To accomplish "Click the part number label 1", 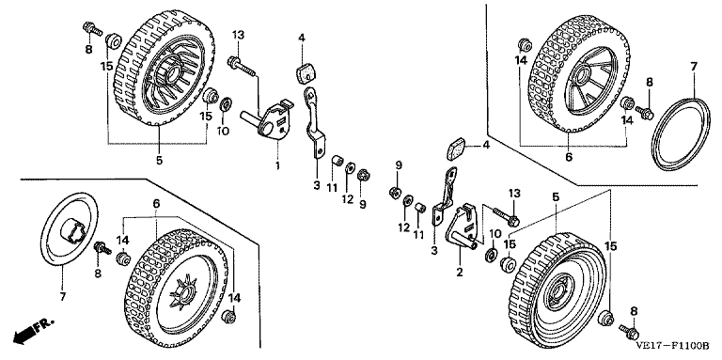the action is click(277, 165).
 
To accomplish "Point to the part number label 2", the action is click(459, 273).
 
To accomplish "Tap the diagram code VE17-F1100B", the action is click(673, 345).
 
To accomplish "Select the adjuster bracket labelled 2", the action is click(463, 226).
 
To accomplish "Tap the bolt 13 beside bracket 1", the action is click(241, 66).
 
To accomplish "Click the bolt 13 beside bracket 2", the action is click(506, 216).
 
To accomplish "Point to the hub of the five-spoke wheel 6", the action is click(583, 76).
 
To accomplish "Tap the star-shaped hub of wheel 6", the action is click(183, 294).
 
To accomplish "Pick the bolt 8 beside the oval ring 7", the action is click(644, 112).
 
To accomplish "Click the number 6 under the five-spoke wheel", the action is click(569, 157).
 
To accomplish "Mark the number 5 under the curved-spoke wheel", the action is click(159, 161).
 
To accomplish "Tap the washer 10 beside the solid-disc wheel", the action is click(492, 254).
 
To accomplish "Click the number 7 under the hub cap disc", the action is click(63, 297).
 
